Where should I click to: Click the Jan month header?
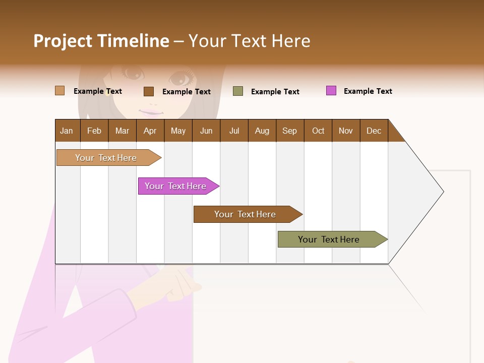pyautogui.click(x=67, y=131)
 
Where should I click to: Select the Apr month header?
pyautogui.click(x=150, y=131)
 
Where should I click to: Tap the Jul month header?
pyautogui.click(x=234, y=131)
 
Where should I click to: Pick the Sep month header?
pyautogui.click(x=289, y=131)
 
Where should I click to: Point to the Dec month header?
pyautogui.click(x=374, y=131)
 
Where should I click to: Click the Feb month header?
pyautogui.click(x=94, y=131)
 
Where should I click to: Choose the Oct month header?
pyautogui.click(x=318, y=131)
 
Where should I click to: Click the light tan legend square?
pyautogui.click(x=59, y=91)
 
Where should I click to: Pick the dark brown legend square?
pyautogui.click(x=149, y=91)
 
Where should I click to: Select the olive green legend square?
pyautogui.click(x=238, y=91)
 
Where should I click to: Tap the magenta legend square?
pyautogui.click(x=331, y=91)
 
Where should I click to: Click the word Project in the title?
pyautogui.click(x=63, y=41)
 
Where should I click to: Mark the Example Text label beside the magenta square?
pyautogui.click(x=368, y=91)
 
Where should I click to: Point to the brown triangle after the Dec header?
pyautogui.click(x=394, y=134)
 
